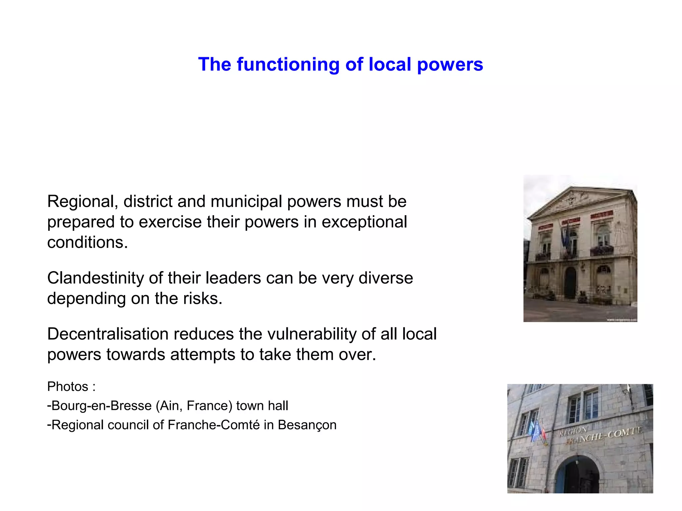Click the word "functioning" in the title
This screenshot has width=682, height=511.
coord(288,65)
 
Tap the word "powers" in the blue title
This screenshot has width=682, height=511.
coord(450,65)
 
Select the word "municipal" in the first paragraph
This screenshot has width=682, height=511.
coord(246,202)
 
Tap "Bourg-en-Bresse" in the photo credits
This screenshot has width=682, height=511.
coord(102,406)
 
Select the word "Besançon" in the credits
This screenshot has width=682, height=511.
coord(307,425)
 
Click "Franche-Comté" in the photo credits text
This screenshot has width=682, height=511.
coord(213,425)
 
